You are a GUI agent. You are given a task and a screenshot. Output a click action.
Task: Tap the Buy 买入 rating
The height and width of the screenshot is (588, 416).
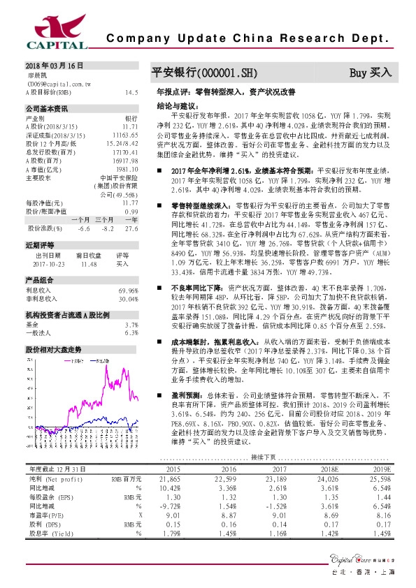pyautogui.click(x=371, y=72)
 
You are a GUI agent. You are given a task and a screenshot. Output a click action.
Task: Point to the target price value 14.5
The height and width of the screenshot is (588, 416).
pyautogui.click(x=131, y=92)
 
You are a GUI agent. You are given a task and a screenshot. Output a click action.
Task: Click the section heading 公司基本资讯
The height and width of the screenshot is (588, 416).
pyautogui.click(x=47, y=110)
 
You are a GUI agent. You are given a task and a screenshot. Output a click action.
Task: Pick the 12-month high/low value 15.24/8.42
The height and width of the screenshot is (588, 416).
pyautogui.click(x=124, y=143)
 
